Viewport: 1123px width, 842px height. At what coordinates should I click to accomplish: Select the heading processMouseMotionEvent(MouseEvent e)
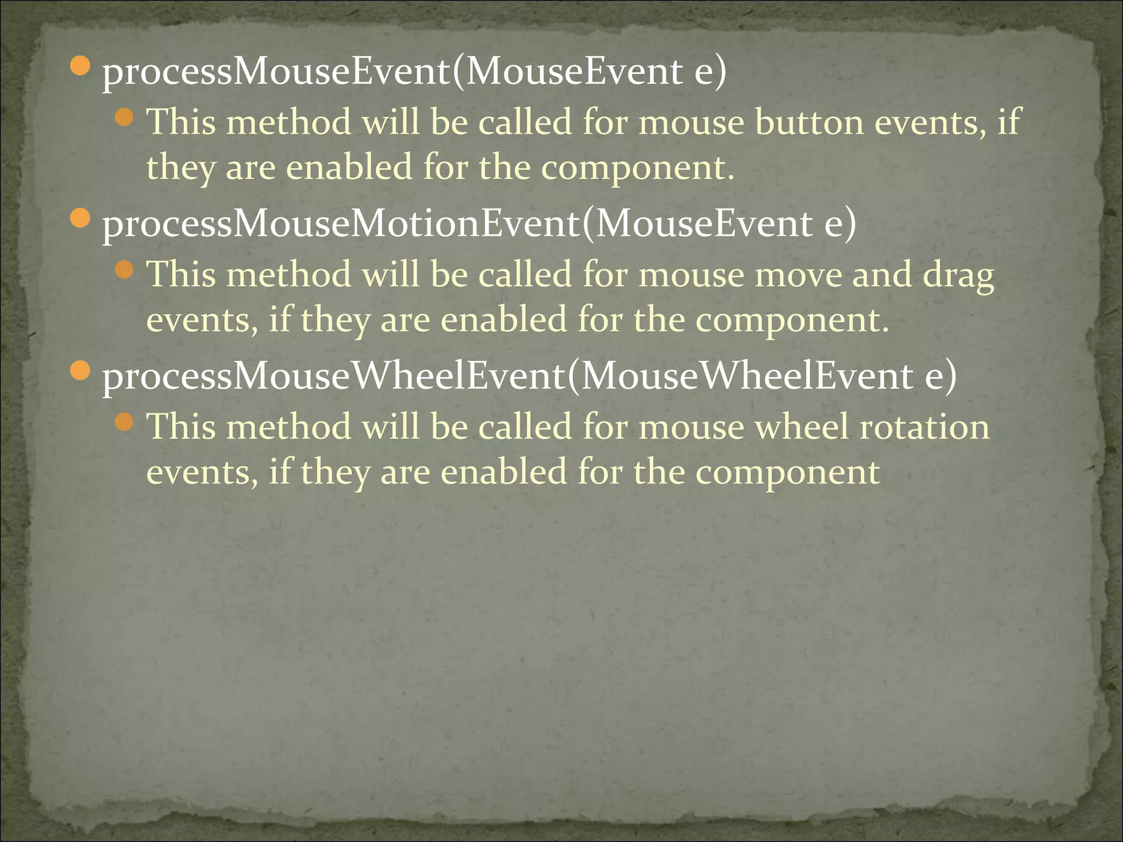[x=479, y=224]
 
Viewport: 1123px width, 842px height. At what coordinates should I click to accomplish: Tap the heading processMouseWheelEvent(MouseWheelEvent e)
[x=529, y=377]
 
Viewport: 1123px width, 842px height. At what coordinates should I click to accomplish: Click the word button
[x=808, y=122]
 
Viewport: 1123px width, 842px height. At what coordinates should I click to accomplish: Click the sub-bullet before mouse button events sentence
[x=125, y=117]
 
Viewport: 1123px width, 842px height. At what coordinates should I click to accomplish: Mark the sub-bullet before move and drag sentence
[x=125, y=269]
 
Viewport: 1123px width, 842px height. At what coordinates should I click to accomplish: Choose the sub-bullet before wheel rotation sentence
[x=125, y=422]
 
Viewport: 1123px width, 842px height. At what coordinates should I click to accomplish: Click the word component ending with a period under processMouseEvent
[x=637, y=167]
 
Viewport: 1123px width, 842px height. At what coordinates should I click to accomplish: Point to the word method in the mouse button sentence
[x=288, y=122]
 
